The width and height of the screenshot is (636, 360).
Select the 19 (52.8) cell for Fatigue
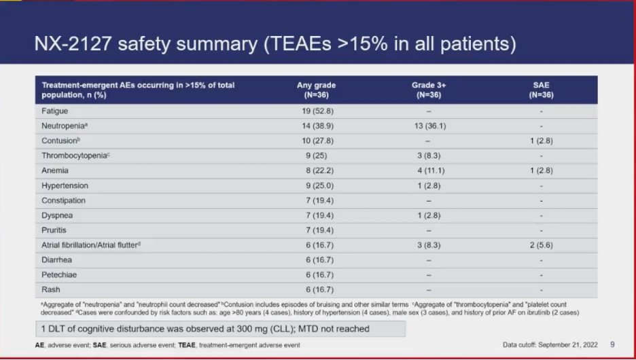(317, 110)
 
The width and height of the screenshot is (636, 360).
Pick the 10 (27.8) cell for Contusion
(317, 141)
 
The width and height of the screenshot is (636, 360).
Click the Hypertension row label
(65, 185)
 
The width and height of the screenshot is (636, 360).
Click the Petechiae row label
(60, 276)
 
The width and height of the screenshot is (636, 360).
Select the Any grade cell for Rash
(317, 291)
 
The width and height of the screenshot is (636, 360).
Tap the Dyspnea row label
(58, 215)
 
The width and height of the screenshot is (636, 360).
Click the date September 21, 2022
(568, 345)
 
